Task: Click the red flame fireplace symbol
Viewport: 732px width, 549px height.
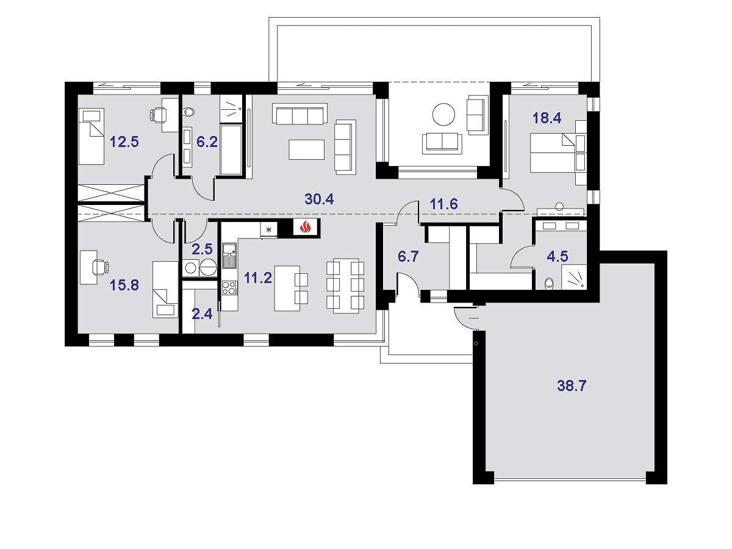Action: pyautogui.click(x=305, y=228)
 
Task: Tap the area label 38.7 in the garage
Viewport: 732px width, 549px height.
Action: pyautogui.click(x=571, y=386)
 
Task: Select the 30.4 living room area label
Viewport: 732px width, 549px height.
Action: pyautogui.click(x=319, y=199)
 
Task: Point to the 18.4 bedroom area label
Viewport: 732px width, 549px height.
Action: pyautogui.click(x=547, y=118)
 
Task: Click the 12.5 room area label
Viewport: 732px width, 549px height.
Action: pyautogui.click(x=124, y=142)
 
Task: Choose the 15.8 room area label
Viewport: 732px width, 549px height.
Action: pyautogui.click(x=124, y=285)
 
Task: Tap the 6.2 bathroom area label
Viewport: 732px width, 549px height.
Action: pyautogui.click(x=207, y=142)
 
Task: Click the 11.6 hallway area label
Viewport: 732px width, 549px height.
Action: pyautogui.click(x=443, y=204)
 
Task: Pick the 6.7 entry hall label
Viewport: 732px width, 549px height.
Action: pyautogui.click(x=408, y=256)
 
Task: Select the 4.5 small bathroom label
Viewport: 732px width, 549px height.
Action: pyautogui.click(x=558, y=256)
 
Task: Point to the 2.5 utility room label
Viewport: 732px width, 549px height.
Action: pyautogui.click(x=202, y=249)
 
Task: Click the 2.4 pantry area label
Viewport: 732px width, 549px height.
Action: pyautogui.click(x=202, y=314)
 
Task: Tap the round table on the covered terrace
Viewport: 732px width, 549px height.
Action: pyautogui.click(x=443, y=114)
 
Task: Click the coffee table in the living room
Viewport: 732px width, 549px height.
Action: pyautogui.click(x=306, y=149)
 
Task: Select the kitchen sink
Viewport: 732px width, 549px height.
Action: pyautogui.click(x=229, y=256)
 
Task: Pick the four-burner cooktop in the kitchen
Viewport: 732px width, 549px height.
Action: pyautogui.click(x=229, y=288)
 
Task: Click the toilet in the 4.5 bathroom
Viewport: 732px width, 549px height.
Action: pyautogui.click(x=548, y=284)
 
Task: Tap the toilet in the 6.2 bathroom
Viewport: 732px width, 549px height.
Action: pyautogui.click(x=188, y=112)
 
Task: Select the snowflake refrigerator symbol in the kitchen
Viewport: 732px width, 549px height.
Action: pyautogui.click(x=269, y=229)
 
